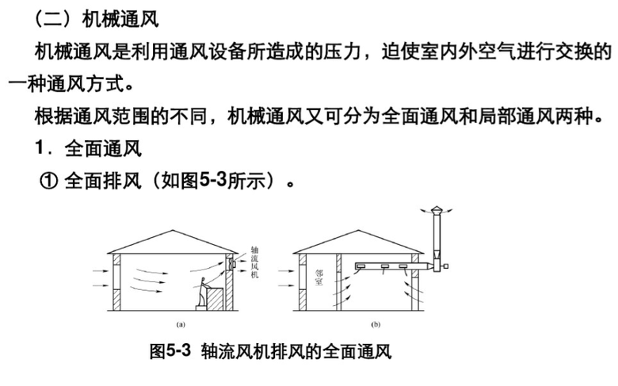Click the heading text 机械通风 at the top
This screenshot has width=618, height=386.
[x=120, y=18]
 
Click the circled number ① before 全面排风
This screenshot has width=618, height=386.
[x=49, y=182]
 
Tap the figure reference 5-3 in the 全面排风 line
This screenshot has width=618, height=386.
[x=213, y=181]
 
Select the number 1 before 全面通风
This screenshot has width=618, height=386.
[x=39, y=148]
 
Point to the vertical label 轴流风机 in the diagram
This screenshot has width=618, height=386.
[x=254, y=262]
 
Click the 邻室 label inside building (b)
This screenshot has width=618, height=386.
[x=319, y=277]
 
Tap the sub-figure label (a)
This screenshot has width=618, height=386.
[x=181, y=324]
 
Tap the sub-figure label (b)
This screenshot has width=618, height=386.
[x=376, y=324]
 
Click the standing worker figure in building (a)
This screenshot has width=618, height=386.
[x=202, y=292]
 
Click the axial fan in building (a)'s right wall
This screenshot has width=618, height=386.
[x=231, y=263]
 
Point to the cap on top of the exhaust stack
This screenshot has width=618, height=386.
[x=437, y=210]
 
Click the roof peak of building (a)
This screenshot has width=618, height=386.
[x=171, y=231]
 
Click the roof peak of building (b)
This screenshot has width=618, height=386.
[x=358, y=231]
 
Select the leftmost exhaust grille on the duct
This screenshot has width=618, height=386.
[x=360, y=267]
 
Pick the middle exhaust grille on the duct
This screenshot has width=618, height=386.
[x=384, y=267]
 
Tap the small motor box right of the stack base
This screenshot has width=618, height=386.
[x=445, y=266]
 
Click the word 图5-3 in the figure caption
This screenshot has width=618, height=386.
[x=170, y=350]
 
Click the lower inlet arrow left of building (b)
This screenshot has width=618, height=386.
[x=286, y=285]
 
